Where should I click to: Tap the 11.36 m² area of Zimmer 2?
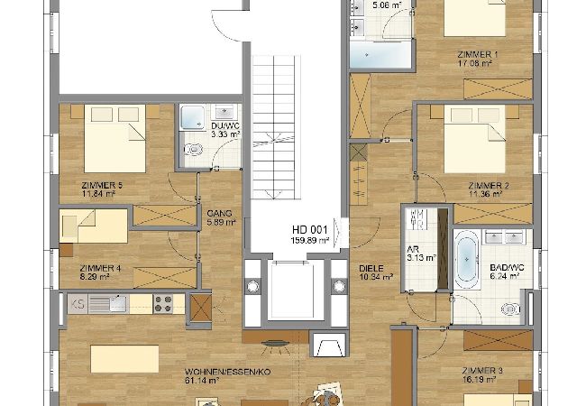[x=486, y=194]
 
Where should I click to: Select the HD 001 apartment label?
[x=310, y=229]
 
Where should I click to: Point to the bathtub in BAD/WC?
[x=466, y=259]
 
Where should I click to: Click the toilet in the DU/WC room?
[x=194, y=150]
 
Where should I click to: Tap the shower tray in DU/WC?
[x=193, y=117]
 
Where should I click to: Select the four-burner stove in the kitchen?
[x=163, y=303]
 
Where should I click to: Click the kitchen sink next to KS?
[x=108, y=303]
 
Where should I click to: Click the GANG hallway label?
[x=219, y=214]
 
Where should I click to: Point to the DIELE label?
[x=371, y=269]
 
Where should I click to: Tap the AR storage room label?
[x=413, y=249]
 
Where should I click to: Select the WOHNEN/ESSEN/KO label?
[x=227, y=372]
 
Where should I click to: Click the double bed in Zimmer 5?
[x=114, y=138]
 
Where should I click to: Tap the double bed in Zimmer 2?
[x=474, y=138]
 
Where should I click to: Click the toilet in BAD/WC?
[x=510, y=309]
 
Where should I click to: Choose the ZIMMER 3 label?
[x=482, y=371]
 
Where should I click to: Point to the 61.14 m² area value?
[x=202, y=381]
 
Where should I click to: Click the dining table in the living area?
[x=124, y=359]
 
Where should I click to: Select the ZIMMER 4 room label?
[x=100, y=268]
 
